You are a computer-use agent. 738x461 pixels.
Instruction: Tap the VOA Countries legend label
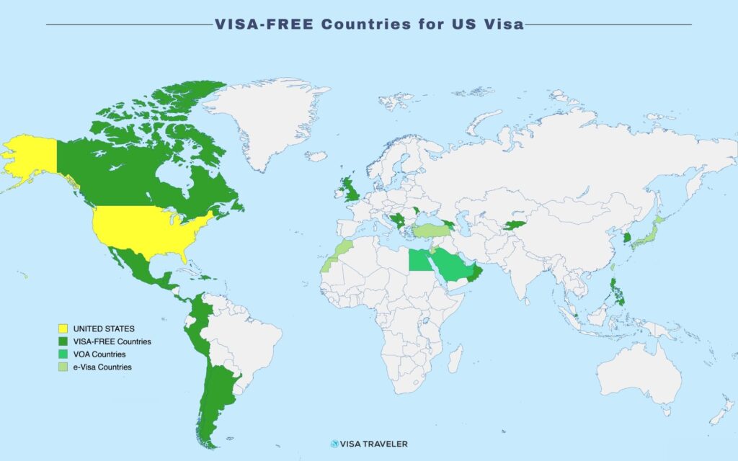(99, 354)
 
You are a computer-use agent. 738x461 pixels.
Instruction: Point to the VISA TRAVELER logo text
(375, 444)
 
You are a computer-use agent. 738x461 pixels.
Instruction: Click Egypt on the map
(419, 261)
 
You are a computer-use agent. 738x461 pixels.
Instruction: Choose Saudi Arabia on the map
(451, 267)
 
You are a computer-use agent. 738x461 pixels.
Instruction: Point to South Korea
(626, 238)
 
